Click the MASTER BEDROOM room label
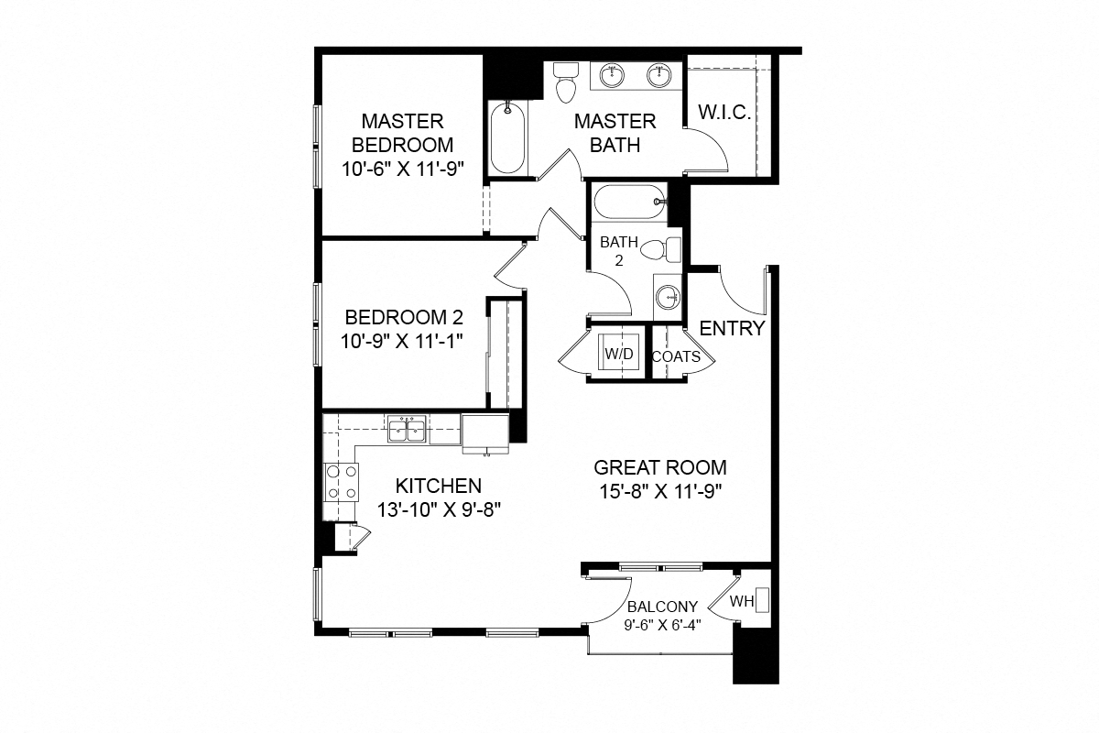coord(402,132)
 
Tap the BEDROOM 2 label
coord(404,318)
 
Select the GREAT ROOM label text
coord(659,467)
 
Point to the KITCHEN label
coord(438,486)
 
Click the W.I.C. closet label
coord(724,113)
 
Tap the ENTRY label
coord(732,329)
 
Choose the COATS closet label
coord(676,356)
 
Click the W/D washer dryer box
coord(612,353)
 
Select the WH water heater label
coord(741,602)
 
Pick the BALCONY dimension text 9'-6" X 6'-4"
coord(663,626)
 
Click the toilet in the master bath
coord(566,82)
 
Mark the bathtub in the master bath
coord(507,137)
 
